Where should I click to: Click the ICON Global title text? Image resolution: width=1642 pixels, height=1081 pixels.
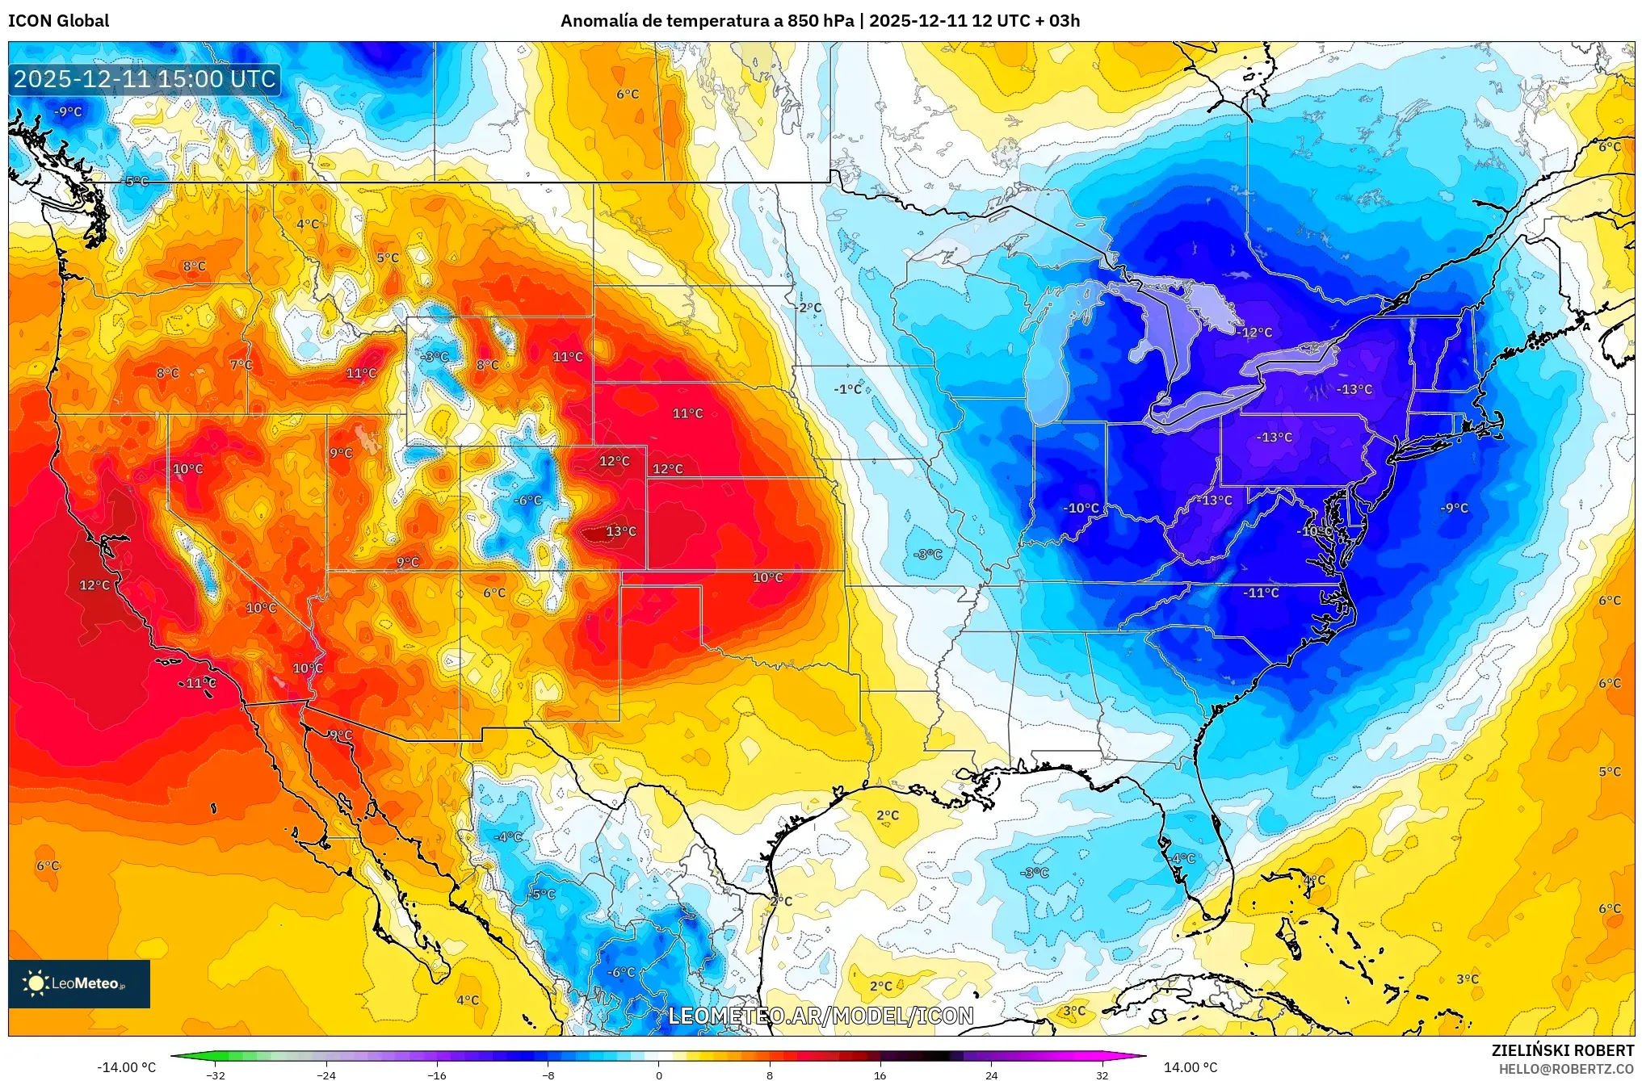58,21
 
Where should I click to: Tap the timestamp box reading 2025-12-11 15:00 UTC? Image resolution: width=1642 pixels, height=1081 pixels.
145,79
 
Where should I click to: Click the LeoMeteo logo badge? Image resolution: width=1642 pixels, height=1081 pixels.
79,983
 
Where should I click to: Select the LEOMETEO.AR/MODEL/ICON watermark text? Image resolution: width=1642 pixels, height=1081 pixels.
821,1016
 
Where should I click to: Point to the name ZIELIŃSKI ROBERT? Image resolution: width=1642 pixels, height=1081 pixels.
1562,1050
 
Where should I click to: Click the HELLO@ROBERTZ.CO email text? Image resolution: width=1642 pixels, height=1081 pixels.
1565,1069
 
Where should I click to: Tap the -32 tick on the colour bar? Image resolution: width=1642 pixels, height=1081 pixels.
216,1075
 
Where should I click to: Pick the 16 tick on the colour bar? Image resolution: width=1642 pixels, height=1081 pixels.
880,1075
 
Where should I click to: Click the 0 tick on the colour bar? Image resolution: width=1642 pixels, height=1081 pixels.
658,1075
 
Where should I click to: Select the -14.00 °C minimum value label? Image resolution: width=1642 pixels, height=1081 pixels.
126,1067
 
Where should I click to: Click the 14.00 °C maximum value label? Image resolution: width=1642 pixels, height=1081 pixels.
1190,1067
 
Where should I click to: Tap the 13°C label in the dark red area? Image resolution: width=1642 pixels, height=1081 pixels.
620,531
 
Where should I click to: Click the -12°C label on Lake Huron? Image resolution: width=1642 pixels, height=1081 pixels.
1256,333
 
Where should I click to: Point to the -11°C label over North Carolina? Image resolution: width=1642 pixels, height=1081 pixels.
1261,593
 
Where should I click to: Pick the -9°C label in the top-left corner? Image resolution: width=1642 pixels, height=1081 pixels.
68,112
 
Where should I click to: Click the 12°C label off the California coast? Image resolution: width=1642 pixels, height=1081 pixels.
94,585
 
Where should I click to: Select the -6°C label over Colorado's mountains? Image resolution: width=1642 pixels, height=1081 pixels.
528,501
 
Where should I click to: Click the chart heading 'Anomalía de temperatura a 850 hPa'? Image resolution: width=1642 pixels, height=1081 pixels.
707,21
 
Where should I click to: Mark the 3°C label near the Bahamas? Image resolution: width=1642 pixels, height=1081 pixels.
1468,979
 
